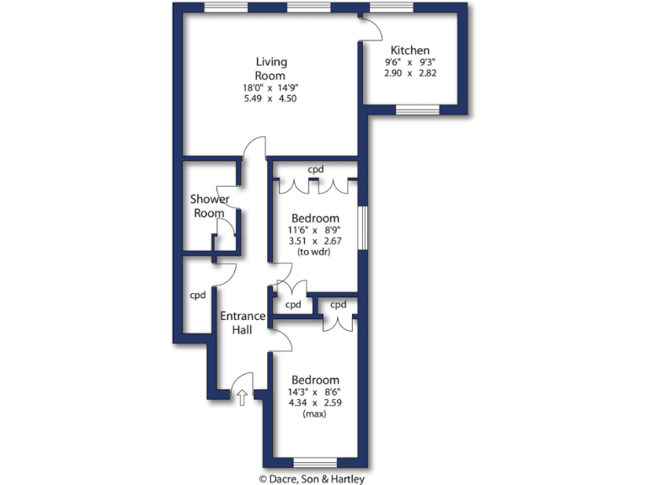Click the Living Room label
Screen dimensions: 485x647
[x=271, y=68]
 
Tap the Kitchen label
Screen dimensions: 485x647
[x=410, y=51]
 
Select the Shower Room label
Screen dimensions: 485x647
[x=210, y=206]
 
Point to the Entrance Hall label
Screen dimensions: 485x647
[x=243, y=323]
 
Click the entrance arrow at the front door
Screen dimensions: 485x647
[x=243, y=397]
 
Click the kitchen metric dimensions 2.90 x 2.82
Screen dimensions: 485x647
[x=410, y=74]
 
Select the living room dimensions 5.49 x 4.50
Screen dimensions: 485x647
[x=270, y=99]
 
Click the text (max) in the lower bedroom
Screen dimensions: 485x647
[x=315, y=414]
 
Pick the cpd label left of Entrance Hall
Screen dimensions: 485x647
[x=198, y=296]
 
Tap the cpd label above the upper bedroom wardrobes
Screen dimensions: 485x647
[x=315, y=169]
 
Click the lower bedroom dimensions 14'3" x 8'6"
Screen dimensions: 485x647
[x=315, y=392]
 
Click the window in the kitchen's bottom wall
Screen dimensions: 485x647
[x=417, y=109]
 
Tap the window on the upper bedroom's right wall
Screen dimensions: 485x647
[x=361, y=227]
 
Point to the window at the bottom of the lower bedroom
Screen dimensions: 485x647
[x=315, y=462]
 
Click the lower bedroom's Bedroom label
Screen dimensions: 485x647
[x=315, y=380]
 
